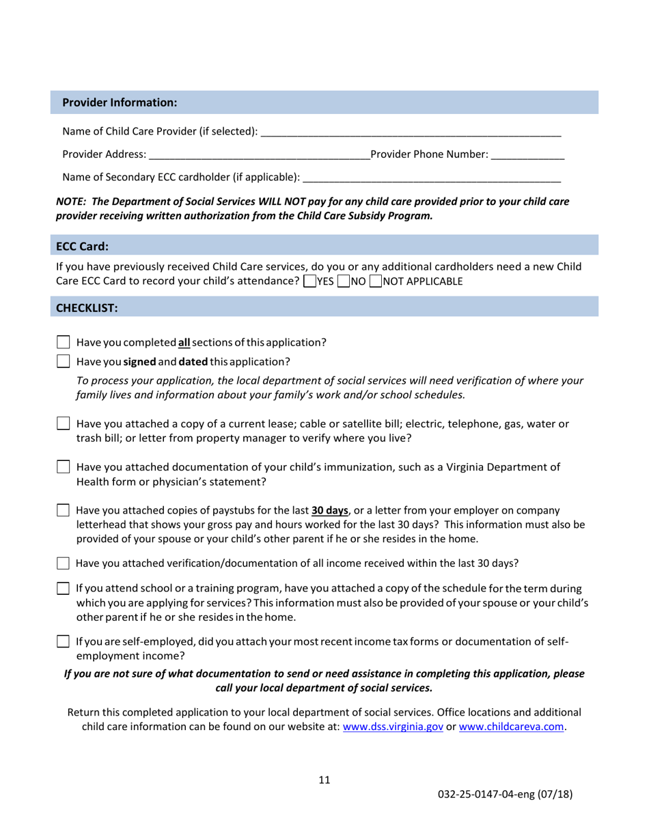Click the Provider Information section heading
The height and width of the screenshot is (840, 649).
click(x=120, y=102)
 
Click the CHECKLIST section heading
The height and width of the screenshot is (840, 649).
click(x=87, y=307)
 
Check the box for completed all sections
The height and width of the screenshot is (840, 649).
click(x=62, y=342)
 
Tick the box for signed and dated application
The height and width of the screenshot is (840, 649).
click(x=62, y=361)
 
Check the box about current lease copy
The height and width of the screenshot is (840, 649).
click(x=62, y=425)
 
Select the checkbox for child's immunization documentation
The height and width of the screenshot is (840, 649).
click(x=62, y=468)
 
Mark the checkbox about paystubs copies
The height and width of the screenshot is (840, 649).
click(x=62, y=510)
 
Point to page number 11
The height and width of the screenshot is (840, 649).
click(x=324, y=781)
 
